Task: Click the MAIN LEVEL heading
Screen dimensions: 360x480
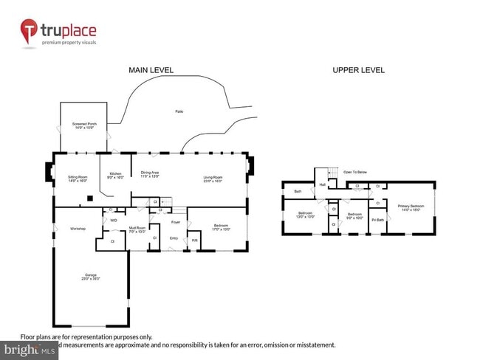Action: [x=151, y=70]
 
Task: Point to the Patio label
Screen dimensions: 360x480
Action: [x=179, y=111]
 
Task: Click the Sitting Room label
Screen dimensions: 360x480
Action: [x=78, y=178]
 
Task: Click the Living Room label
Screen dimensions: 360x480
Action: [x=214, y=178]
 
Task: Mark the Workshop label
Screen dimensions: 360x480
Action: [x=78, y=229]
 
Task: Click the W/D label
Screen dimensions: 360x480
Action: [x=114, y=220]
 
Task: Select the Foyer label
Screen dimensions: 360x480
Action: [x=175, y=222]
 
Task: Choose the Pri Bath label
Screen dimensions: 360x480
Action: [x=377, y=220]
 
